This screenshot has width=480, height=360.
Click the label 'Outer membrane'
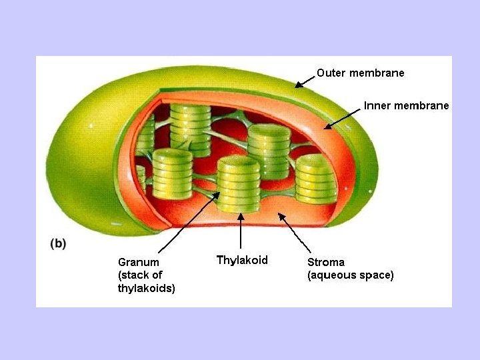[x=360, y=73]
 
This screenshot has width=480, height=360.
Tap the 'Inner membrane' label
[x=406, y=105]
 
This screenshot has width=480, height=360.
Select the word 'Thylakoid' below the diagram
[x=242, y=260]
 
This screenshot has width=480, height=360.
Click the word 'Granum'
[x=139, y=262]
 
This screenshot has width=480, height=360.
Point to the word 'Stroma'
[x=326, y=262]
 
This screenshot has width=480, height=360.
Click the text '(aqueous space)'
[x=351, y=275]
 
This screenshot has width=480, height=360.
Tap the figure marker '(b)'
[x=58, y=243]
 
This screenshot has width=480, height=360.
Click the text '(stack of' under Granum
[x=140, y=275]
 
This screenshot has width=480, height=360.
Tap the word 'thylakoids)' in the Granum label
[x=147, y=288]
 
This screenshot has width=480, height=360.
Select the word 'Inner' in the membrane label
[x=377, y=105]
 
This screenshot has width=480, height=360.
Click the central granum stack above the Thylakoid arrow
[x=239, y=184]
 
